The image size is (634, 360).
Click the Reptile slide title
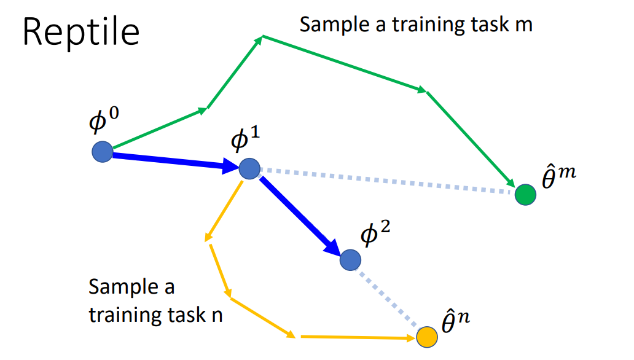click(81, 32)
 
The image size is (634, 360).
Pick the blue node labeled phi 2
click(350, 260)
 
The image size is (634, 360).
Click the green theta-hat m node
click(525, 195)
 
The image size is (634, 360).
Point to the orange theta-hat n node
click(426, 337)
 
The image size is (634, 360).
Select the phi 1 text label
click(245, 140)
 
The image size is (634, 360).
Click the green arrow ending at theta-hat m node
click(470, 138)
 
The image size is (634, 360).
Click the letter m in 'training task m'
click(523, 25)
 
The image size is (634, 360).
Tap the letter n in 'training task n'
click(216, 315)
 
